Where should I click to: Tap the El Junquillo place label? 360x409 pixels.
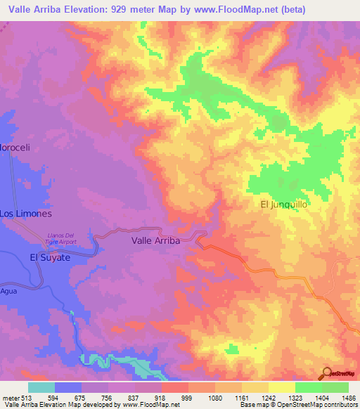pyautogui.click(x=285, y=204)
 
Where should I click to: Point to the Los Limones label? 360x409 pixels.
pyautogui.click(x=25, y=213)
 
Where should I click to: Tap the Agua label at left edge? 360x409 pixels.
pyautogui.click(x=8, y=290)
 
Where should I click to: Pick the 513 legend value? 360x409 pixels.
pyautogui.click(x=26, y=398)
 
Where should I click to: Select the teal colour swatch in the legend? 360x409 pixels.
pyautogui.click(x=41, y=387)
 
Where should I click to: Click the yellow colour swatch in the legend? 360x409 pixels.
pyautogui.click(x=281, y=387)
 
